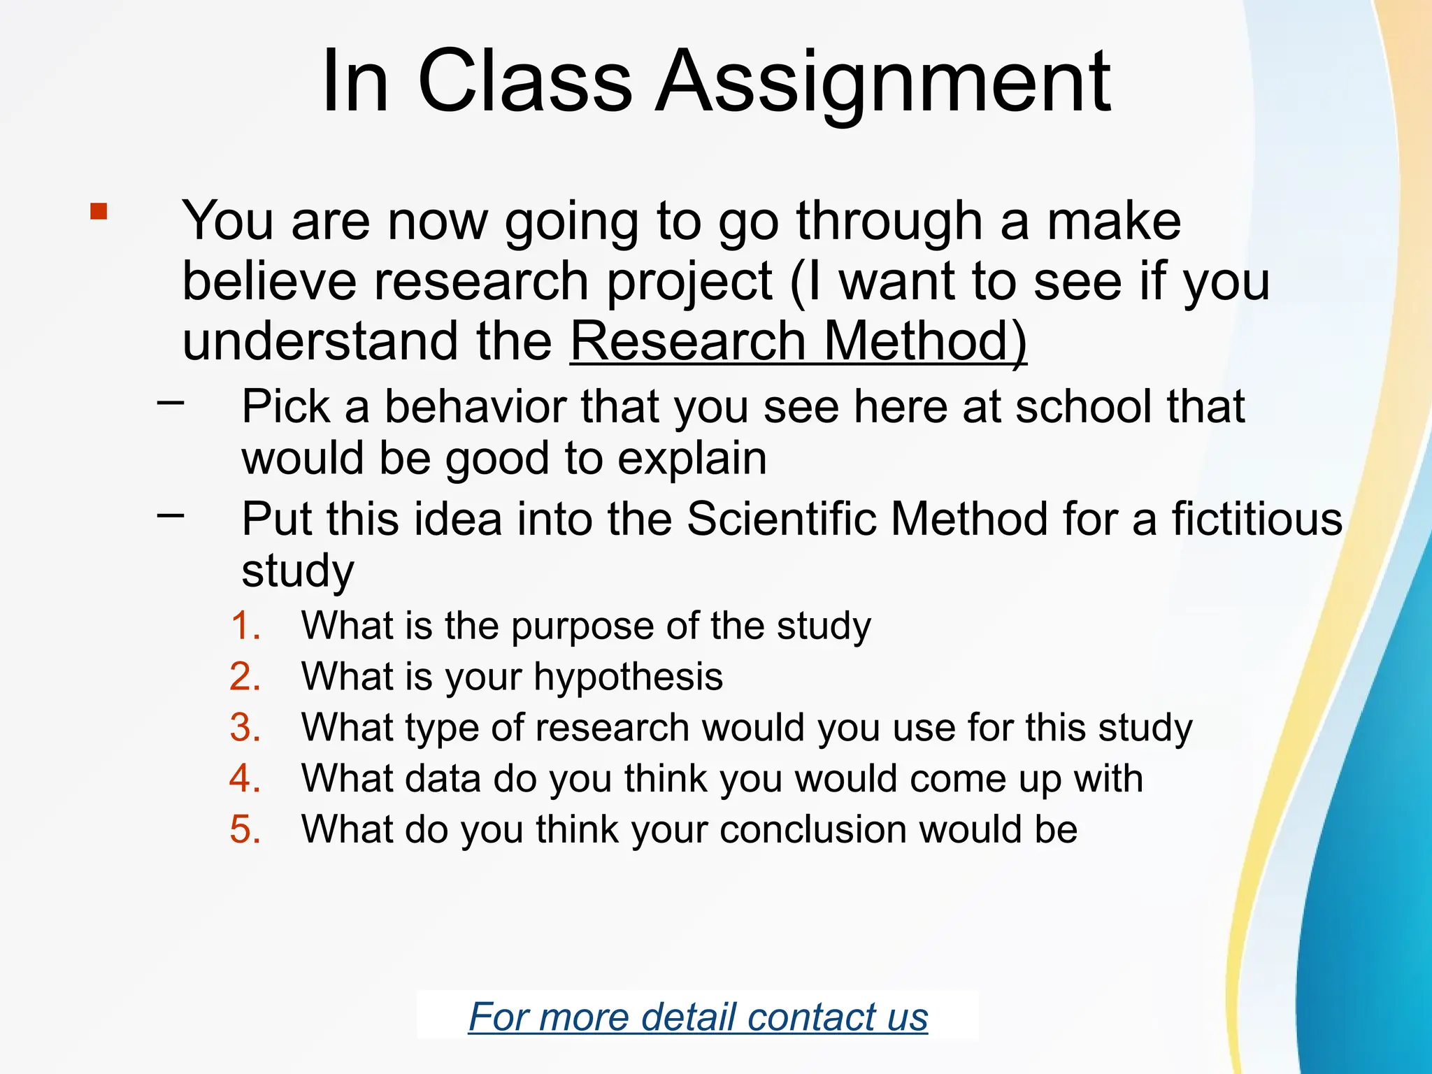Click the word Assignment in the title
[882, 83]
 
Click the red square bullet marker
[99, 212]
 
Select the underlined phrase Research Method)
[799, 342]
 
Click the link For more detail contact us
[698, 1017]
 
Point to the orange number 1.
[245, 625]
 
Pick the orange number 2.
[245, 677]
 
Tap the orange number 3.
[245, 727]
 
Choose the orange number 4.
[245, 778]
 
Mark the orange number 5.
[245, 829]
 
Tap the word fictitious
[1256, 520]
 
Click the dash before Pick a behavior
[171, 402]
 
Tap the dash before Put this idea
[171, 515]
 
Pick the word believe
[270, 281]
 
